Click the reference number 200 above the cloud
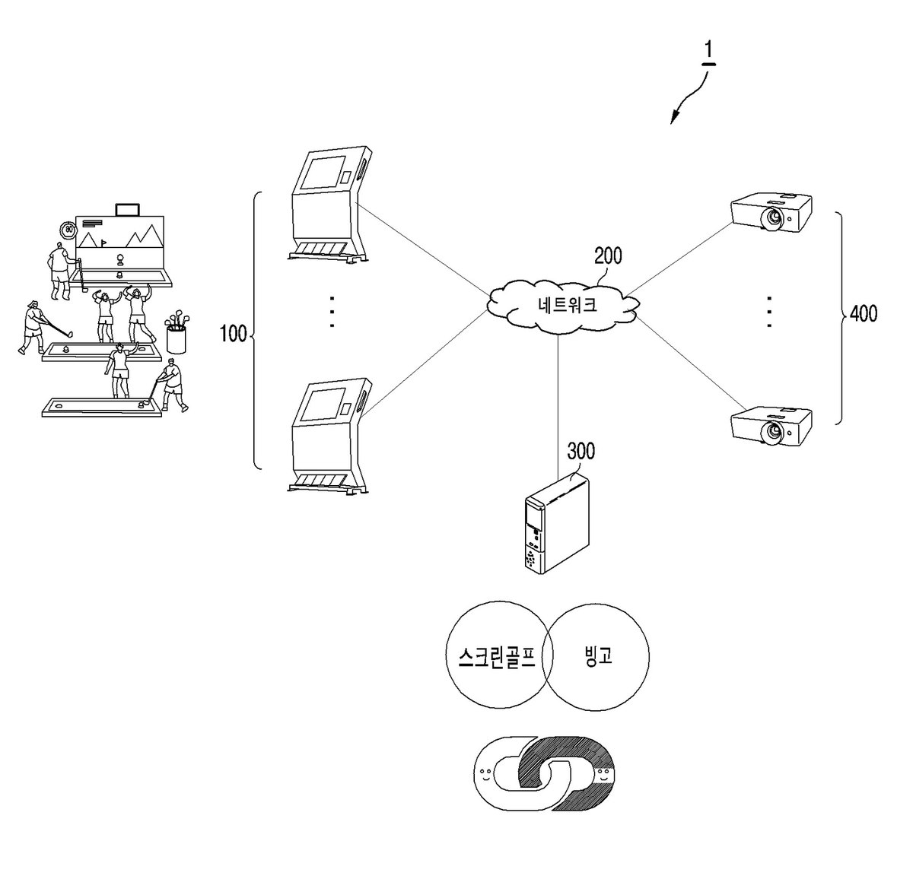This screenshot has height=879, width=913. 608,256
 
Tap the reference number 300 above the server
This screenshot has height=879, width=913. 581,451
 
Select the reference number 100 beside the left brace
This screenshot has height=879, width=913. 233,333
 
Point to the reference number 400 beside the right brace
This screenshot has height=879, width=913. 864,313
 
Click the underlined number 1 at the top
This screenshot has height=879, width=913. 708,51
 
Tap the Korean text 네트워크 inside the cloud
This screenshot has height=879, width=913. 567,305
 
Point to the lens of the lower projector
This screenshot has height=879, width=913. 771,432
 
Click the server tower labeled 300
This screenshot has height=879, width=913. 556,524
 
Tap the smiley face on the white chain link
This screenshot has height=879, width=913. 485,773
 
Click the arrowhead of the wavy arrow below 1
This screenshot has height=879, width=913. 674,119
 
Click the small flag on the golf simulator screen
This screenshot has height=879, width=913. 103,243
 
